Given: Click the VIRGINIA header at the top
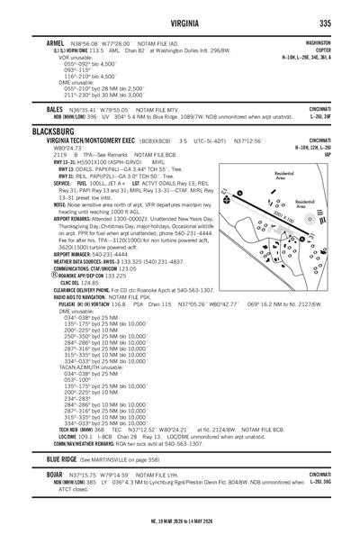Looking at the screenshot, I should pyautogui.click(x=180, y=24).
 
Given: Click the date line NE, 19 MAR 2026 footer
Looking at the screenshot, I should pyautogui.click(x=179, y=521).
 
